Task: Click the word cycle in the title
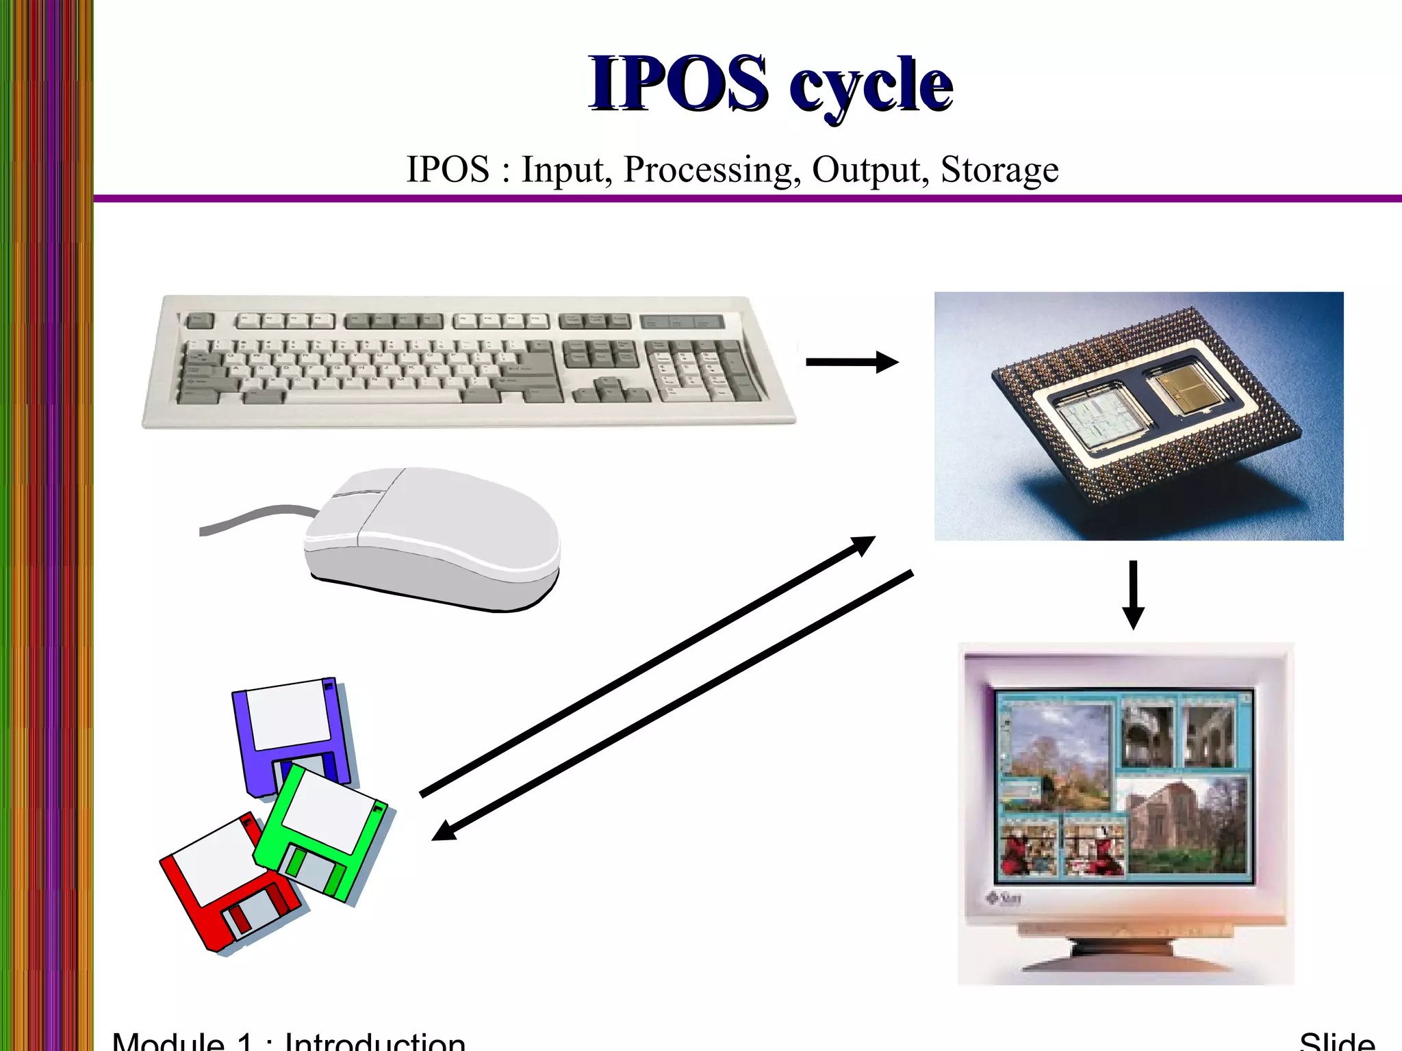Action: tap(871, 86)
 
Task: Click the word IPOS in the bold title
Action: tap(678, 83)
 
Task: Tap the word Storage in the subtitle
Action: tap(999, 170)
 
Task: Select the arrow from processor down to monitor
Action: tap(1133, 594)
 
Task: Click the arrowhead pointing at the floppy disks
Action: tap(444, 831)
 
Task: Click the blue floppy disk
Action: tap(291, 732)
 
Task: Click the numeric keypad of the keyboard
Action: tap(705, 369)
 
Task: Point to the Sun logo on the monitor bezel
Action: tap(1004, 898)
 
